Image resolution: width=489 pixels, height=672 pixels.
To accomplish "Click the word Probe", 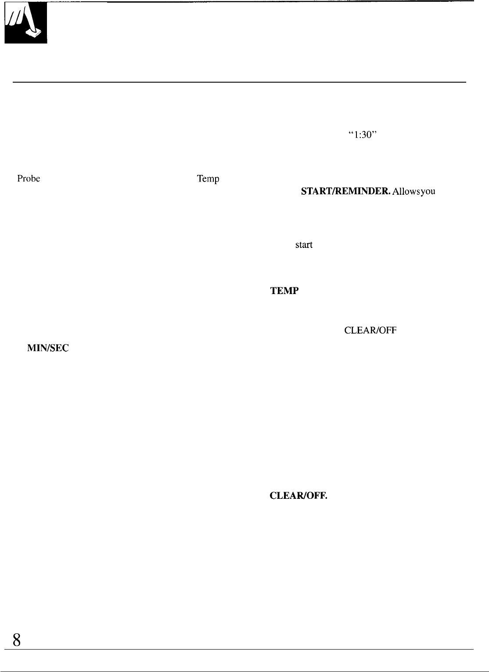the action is [x=29, y=179].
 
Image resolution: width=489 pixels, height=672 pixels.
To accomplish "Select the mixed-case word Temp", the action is [x=208, y=179].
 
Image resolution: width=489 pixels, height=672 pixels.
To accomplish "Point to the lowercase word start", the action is [x=304, y=245].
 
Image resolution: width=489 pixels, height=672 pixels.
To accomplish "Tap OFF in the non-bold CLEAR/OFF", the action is [x=388, y=331].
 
